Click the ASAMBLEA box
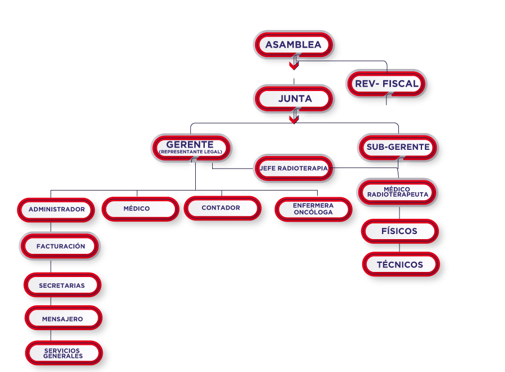click(293, 45)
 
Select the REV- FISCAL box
click(387, 84)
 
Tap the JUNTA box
click(294, 99)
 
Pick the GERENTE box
click(191, 145)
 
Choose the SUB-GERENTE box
click(398, 148)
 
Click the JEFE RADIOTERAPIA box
click(294, 168)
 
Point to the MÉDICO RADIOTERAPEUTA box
click(397, 192)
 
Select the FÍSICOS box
click(399, 231)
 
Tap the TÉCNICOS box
click(400, 264)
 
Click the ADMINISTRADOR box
click(56, 209)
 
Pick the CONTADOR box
click(222, 208)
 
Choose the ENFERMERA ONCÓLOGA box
click(313, 209)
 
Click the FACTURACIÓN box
click(60, 246)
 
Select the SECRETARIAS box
click(62, 285)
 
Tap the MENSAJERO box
click(63, 318)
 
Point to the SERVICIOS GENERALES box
click(63, 353)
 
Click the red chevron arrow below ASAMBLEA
click(293, 66)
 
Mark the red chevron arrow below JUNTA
click(293, 119)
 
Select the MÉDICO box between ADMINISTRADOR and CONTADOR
click(137, 209)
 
